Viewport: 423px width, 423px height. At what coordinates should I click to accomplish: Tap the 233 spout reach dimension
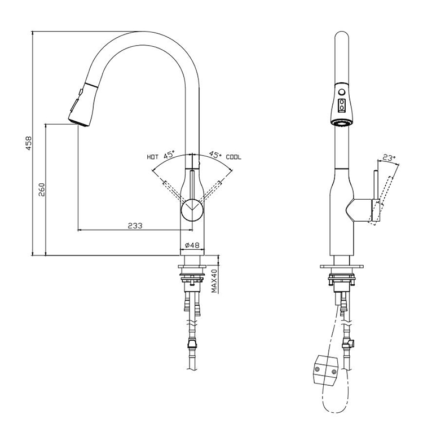point(134,225)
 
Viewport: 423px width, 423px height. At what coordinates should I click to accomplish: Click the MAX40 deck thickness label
point(214,280)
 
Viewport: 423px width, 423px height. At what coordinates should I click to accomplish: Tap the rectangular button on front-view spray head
point(341,104)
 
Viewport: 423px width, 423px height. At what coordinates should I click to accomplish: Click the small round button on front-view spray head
point(341,92)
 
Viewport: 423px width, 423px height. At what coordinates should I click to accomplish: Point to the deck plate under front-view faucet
point(341,266)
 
